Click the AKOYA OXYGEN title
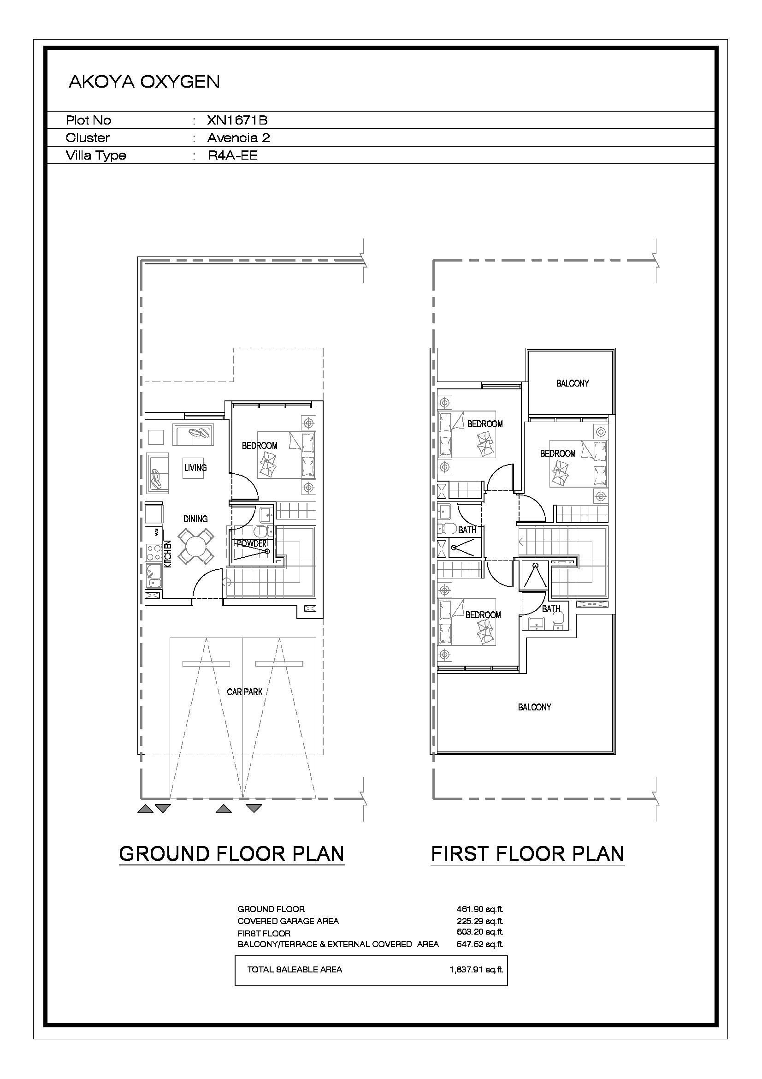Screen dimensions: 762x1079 [x=144, y=82]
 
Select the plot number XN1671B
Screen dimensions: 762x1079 [x=237, y=120]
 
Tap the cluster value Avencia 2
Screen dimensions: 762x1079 [x=238, y=137]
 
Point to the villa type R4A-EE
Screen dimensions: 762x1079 [x=233, y=155]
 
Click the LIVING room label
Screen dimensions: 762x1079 [x=195, y=468]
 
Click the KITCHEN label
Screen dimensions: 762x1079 [x=168, y=554]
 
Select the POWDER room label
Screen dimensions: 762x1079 [x=251, y=543]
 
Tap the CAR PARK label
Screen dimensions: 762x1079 [x=245, y=692]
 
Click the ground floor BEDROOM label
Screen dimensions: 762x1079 [x=260, y=446]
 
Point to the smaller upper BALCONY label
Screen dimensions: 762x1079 [x=573, y=383]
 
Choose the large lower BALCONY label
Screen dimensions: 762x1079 [x=534, y=707]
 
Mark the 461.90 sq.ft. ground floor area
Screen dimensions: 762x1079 [x=479, y=909]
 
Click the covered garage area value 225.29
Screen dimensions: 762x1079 [x=479, y=921]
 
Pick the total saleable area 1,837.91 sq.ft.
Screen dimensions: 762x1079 [x=476, y=970]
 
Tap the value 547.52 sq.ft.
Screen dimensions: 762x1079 [x=479, y=944]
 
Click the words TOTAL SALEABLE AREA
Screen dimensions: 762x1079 [x=295, y=970]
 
